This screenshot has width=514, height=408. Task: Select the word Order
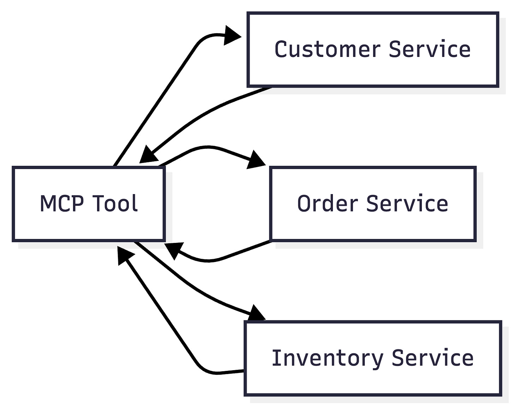click(328, 204)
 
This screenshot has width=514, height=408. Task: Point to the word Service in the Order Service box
click(407, 204)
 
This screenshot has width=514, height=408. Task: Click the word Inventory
click(327, 358)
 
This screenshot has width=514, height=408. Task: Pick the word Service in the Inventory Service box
click(432, 358)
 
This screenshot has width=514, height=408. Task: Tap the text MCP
click(62, 204)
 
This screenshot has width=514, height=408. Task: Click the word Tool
click(115, 204)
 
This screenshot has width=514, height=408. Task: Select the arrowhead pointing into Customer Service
click(232, 36)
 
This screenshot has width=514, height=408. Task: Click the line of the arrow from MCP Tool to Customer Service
click(155, 103)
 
